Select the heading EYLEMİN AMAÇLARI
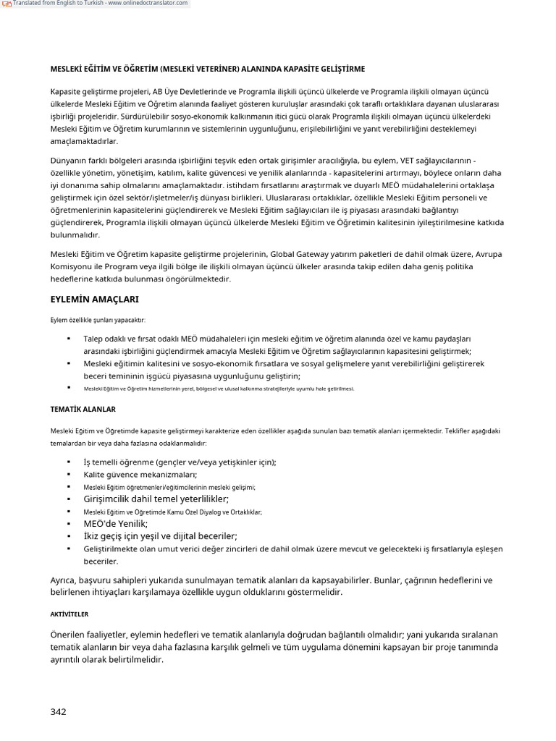94,299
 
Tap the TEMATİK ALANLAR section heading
78,409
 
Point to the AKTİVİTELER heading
69,614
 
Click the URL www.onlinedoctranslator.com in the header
150,4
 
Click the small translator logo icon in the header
6,4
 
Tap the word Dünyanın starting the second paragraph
69,160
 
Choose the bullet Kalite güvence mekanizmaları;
140,475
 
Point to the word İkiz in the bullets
93,536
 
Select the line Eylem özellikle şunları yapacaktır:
98,320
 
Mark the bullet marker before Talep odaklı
69,338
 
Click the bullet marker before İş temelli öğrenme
69,462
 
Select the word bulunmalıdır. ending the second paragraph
75,235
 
